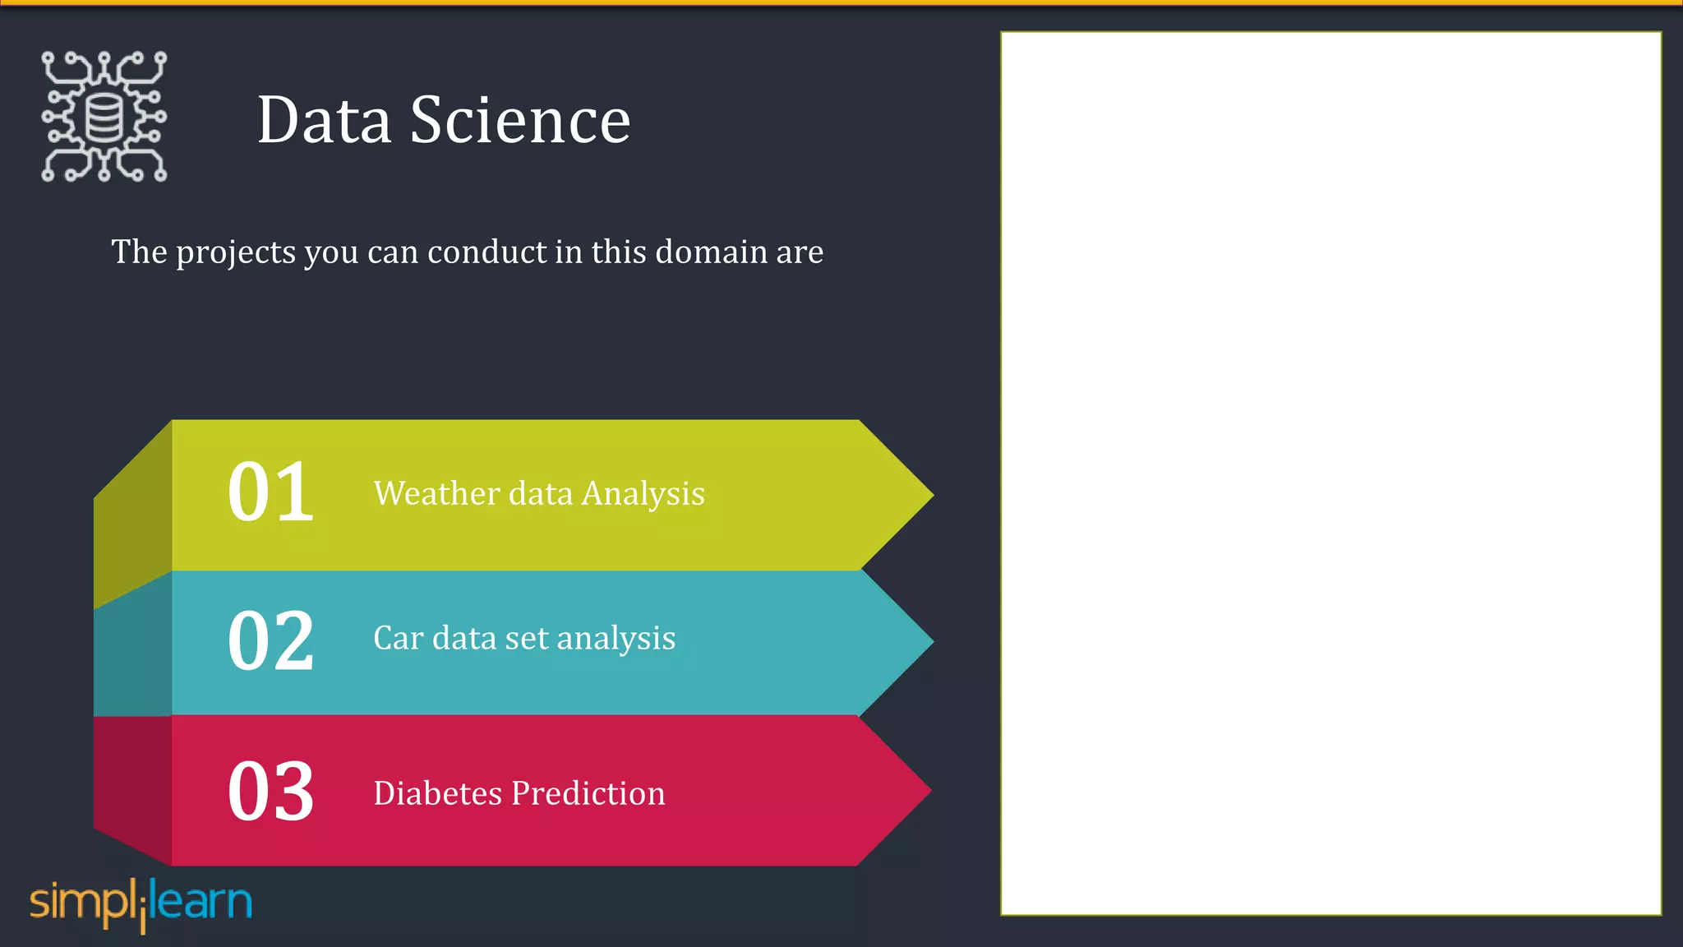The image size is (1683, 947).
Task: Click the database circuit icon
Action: coord(104,117)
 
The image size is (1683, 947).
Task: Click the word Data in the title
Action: coord(324,120)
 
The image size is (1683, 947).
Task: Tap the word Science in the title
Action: coord(520,120)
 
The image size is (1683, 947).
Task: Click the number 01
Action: coord(270,492)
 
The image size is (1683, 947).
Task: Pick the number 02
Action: coord(270,641)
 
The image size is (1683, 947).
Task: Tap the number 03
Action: coord(270,792)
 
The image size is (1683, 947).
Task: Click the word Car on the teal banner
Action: coord(398,638)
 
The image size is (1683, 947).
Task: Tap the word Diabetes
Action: coord(437,793)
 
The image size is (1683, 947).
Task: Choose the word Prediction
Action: coord(588,793)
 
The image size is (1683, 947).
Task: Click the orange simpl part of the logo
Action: coord(80,903)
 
